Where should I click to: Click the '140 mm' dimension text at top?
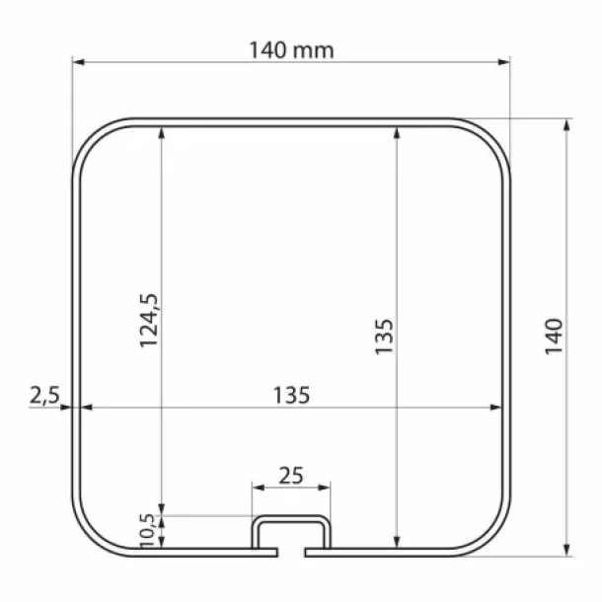pyautogui.click(x=291, y=49)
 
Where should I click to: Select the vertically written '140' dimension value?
pyautogui.click(x=554, y=337)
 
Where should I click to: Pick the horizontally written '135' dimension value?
pyautogui.click(x=291, y=395)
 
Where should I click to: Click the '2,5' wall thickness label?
pyautogui.click(x=44, y=396)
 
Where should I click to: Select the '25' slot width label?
pyautogui.click(x=291, y=475)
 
